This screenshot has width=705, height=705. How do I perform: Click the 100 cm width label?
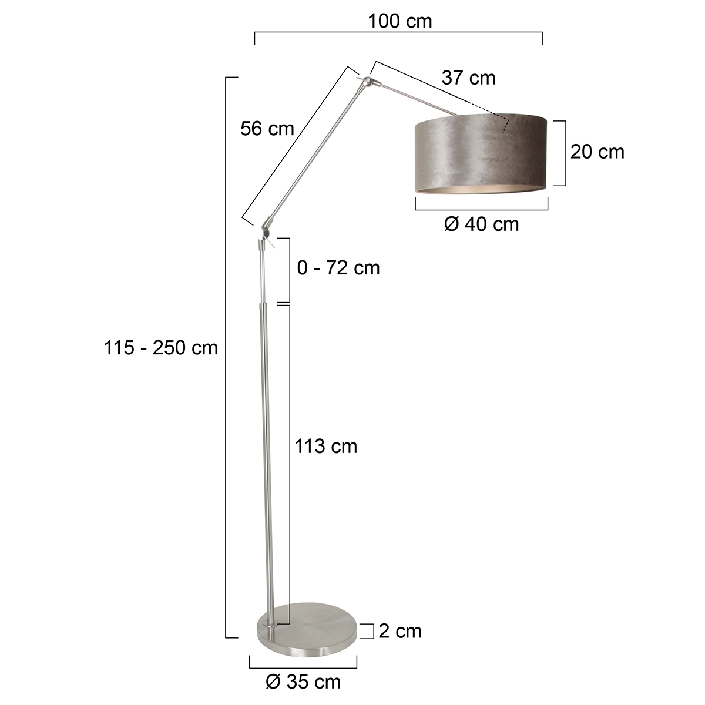[399, 21]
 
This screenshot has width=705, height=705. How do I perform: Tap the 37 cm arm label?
[468, 78]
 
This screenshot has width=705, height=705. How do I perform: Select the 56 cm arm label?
[267, 129]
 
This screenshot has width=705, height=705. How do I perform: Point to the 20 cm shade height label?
[597, 152]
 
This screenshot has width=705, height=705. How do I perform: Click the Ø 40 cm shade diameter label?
[482, 224]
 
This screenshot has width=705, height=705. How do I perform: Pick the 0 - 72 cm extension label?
[338, 268]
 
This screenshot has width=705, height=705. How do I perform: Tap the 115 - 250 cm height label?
[161, 348]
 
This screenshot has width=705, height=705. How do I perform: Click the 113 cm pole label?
[326, 446]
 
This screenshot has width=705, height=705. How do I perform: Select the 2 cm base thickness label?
[400, 630]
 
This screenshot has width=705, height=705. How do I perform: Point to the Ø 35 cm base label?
[303, 681]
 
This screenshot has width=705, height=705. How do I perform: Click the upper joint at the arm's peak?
[367, 80]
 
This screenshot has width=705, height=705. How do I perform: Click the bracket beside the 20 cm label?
[565, 153]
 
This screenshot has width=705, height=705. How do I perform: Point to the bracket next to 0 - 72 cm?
[289, 270]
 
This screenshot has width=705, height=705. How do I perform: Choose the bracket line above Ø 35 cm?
[303, 667]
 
